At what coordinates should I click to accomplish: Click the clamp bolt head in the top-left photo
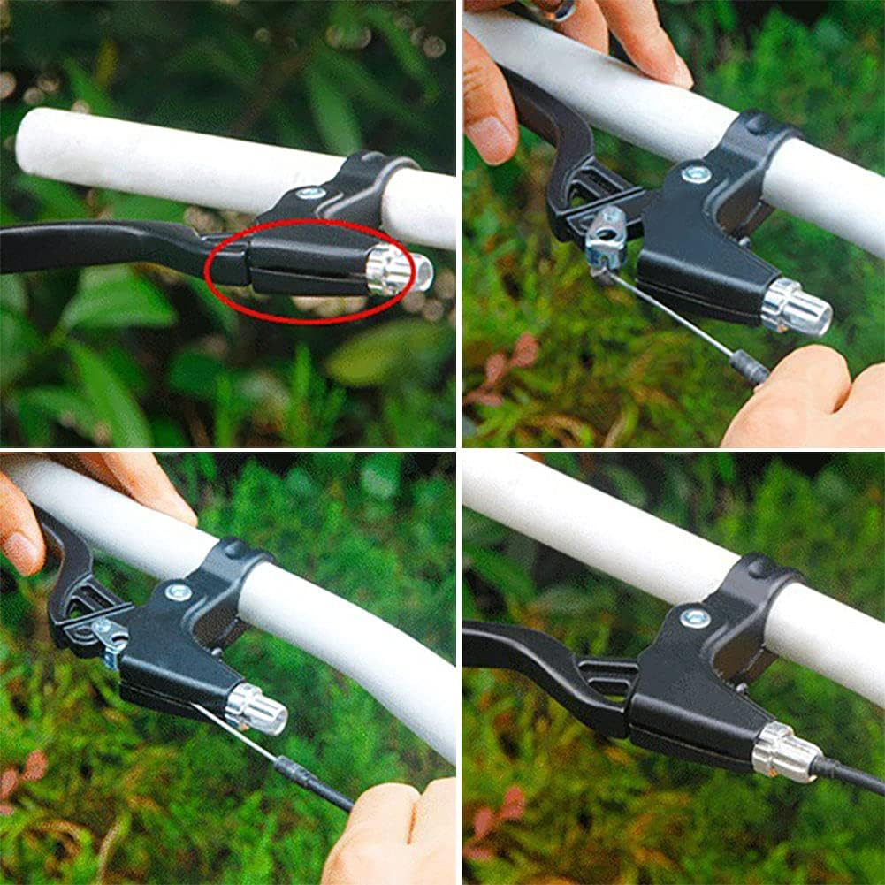tap(310, 192)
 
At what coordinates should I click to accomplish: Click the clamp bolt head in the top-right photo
tap(696, 174)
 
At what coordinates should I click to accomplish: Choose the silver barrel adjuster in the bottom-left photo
tap(256, 707)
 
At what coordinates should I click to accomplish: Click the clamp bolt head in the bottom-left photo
tap(178, 591)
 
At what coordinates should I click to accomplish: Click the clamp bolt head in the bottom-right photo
tap(694, 617)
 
